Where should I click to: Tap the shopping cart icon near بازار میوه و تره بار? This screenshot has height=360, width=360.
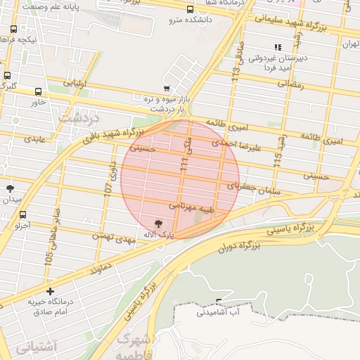coord(166,89)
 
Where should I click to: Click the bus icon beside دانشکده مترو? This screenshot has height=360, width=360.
coord(190,9)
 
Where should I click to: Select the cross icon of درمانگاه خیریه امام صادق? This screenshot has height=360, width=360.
coord(50,290)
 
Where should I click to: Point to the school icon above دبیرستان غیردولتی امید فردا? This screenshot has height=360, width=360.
coord(278,47)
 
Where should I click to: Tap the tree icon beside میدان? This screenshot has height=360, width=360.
coord(10,188)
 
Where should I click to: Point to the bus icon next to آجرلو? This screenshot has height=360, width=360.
coord(23,215)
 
